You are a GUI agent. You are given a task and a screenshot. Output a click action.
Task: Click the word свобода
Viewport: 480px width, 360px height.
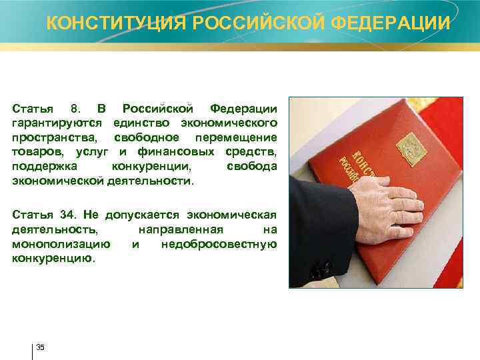(x=251, y=166)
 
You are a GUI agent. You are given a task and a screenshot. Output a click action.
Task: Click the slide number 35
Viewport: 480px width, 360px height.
(x=41, y=347)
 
